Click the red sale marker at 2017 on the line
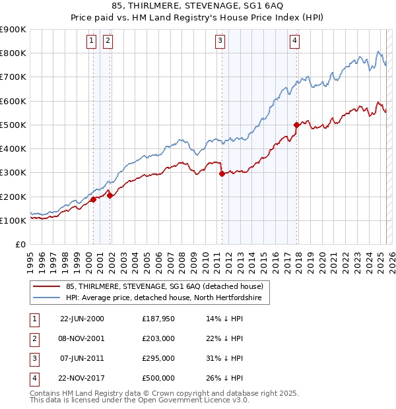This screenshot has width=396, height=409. click(x=297, y=125)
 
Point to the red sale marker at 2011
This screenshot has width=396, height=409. click(x=222, y=173)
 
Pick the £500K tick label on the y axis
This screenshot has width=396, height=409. click(x=13, y=125)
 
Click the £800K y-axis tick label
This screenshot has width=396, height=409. click(x=13, y=53)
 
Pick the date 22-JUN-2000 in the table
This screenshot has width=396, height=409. click(x=82, y=319)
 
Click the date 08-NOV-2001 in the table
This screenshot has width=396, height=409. click(x=82, y=338)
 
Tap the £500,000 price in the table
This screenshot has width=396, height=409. click(x=158, y=378)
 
